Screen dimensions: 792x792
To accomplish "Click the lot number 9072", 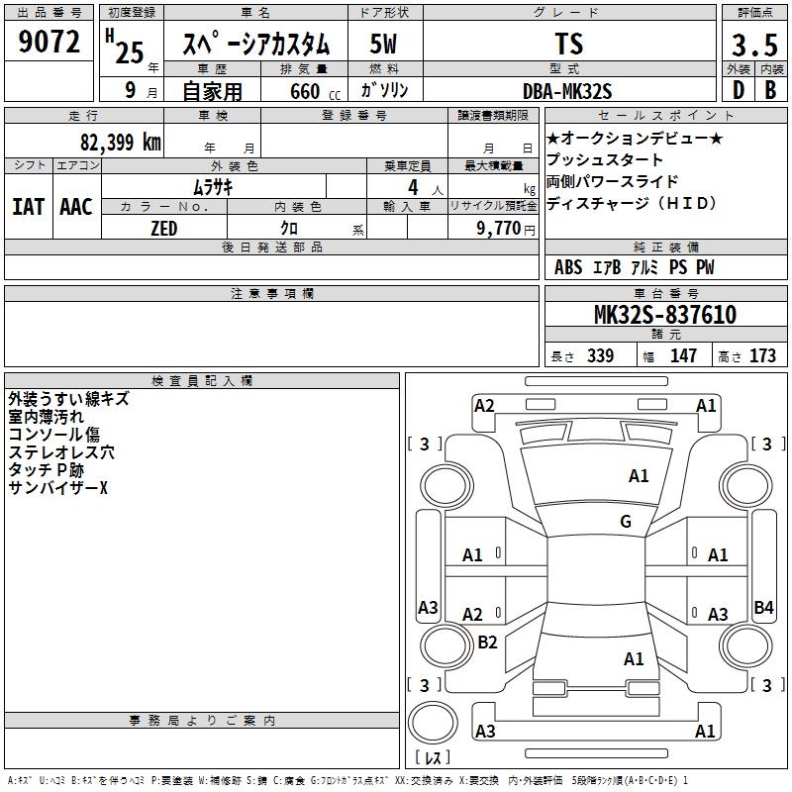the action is click(49, 42).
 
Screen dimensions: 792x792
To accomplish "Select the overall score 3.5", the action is click(753, 46).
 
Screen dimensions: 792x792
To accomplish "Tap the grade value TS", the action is click(569, 44).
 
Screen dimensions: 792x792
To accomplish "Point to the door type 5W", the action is click(385, 44).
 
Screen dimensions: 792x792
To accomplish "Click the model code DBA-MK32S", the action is click(568, 90).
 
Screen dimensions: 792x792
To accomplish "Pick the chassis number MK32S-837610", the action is click(664, 315).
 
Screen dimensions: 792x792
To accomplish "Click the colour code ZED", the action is click(163, 229).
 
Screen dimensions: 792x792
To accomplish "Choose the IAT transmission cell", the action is click(28, 207).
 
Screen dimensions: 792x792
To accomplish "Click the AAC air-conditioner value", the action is click(75, 207).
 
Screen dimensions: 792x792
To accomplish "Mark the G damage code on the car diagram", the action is click(626, 522).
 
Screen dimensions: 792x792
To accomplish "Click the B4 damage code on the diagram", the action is click(763, 608).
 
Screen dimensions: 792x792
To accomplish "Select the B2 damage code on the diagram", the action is click(487, 643).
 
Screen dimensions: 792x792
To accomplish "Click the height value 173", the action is click(762, 355).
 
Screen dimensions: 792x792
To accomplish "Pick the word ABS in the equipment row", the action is click(568, 267).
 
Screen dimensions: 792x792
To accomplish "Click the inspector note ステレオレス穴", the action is click(61, 452).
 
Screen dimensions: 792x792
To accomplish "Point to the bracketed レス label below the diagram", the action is click(433, 758).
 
